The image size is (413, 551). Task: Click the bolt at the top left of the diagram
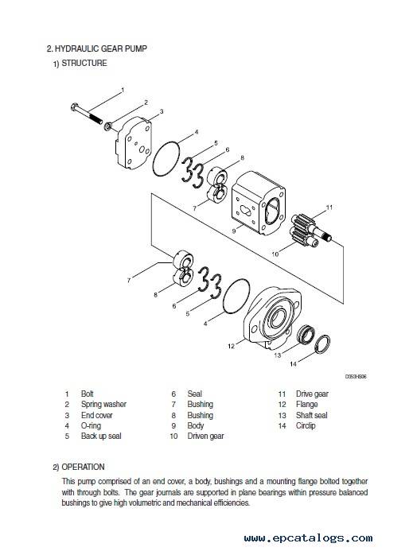(87, 113)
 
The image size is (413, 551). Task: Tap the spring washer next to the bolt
(108, 126)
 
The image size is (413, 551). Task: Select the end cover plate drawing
(134, 144)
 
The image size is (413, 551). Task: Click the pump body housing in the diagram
(258, 203)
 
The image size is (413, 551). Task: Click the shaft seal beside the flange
(305, 335)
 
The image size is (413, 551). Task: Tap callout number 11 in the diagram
(329, 208)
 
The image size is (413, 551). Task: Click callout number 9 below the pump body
(234, 231)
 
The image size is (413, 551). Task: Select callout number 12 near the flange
(231, 346)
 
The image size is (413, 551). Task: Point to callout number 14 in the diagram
(293, 363)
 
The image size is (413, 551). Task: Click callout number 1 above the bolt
(123, 90)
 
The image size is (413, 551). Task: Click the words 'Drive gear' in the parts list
(312, 394)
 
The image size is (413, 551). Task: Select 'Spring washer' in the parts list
(103, 405)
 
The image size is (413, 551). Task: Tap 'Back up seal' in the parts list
(101, 436)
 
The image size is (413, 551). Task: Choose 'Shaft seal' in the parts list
(312, 415)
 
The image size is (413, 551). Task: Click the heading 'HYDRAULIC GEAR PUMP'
(100, 49)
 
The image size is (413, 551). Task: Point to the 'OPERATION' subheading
(83, 467)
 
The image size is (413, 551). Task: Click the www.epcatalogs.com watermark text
(308, 538)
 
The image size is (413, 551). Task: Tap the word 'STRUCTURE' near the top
(84, 64)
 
